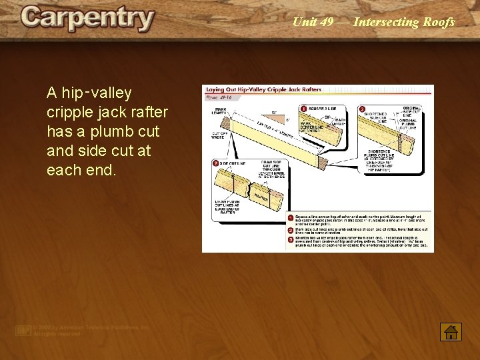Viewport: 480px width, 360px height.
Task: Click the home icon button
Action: point(451,331)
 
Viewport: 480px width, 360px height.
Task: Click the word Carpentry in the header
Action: point(87,19)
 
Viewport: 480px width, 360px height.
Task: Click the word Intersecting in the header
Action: point(386,22)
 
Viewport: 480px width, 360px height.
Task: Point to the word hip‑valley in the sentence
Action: point(89,93)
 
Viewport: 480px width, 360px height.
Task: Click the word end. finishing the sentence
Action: point(101,170)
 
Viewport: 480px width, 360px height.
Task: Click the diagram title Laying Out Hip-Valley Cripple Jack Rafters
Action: point(263,89)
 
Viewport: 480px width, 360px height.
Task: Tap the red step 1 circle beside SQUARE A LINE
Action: point(303,109)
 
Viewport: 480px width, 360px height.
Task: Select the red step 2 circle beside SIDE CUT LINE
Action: point(216,163)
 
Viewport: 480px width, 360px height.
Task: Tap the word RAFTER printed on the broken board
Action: point(260,197)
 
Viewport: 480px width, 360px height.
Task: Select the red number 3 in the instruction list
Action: point(291,238)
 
